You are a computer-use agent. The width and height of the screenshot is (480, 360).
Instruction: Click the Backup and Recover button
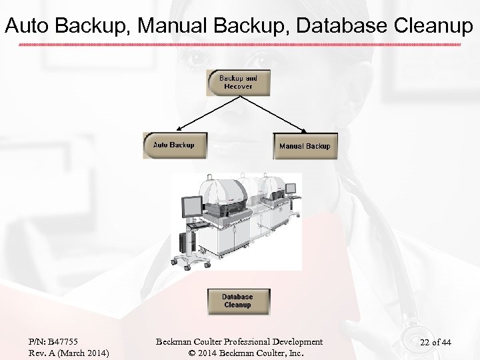[238, 83]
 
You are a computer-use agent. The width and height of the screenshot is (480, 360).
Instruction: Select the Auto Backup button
[173, 145]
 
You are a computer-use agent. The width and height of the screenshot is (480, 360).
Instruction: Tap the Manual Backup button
[304, 146]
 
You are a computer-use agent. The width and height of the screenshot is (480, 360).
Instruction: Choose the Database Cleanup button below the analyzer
[237, 301]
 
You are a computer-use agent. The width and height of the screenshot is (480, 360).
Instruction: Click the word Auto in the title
[27, 25]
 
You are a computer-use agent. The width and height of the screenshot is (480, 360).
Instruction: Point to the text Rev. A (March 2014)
[69, 353]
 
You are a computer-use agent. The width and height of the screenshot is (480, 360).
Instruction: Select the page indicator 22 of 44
[435, 343]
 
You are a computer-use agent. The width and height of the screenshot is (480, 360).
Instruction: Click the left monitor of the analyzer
[192, 208]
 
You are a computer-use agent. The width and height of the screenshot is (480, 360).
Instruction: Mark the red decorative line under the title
[240, 45]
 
